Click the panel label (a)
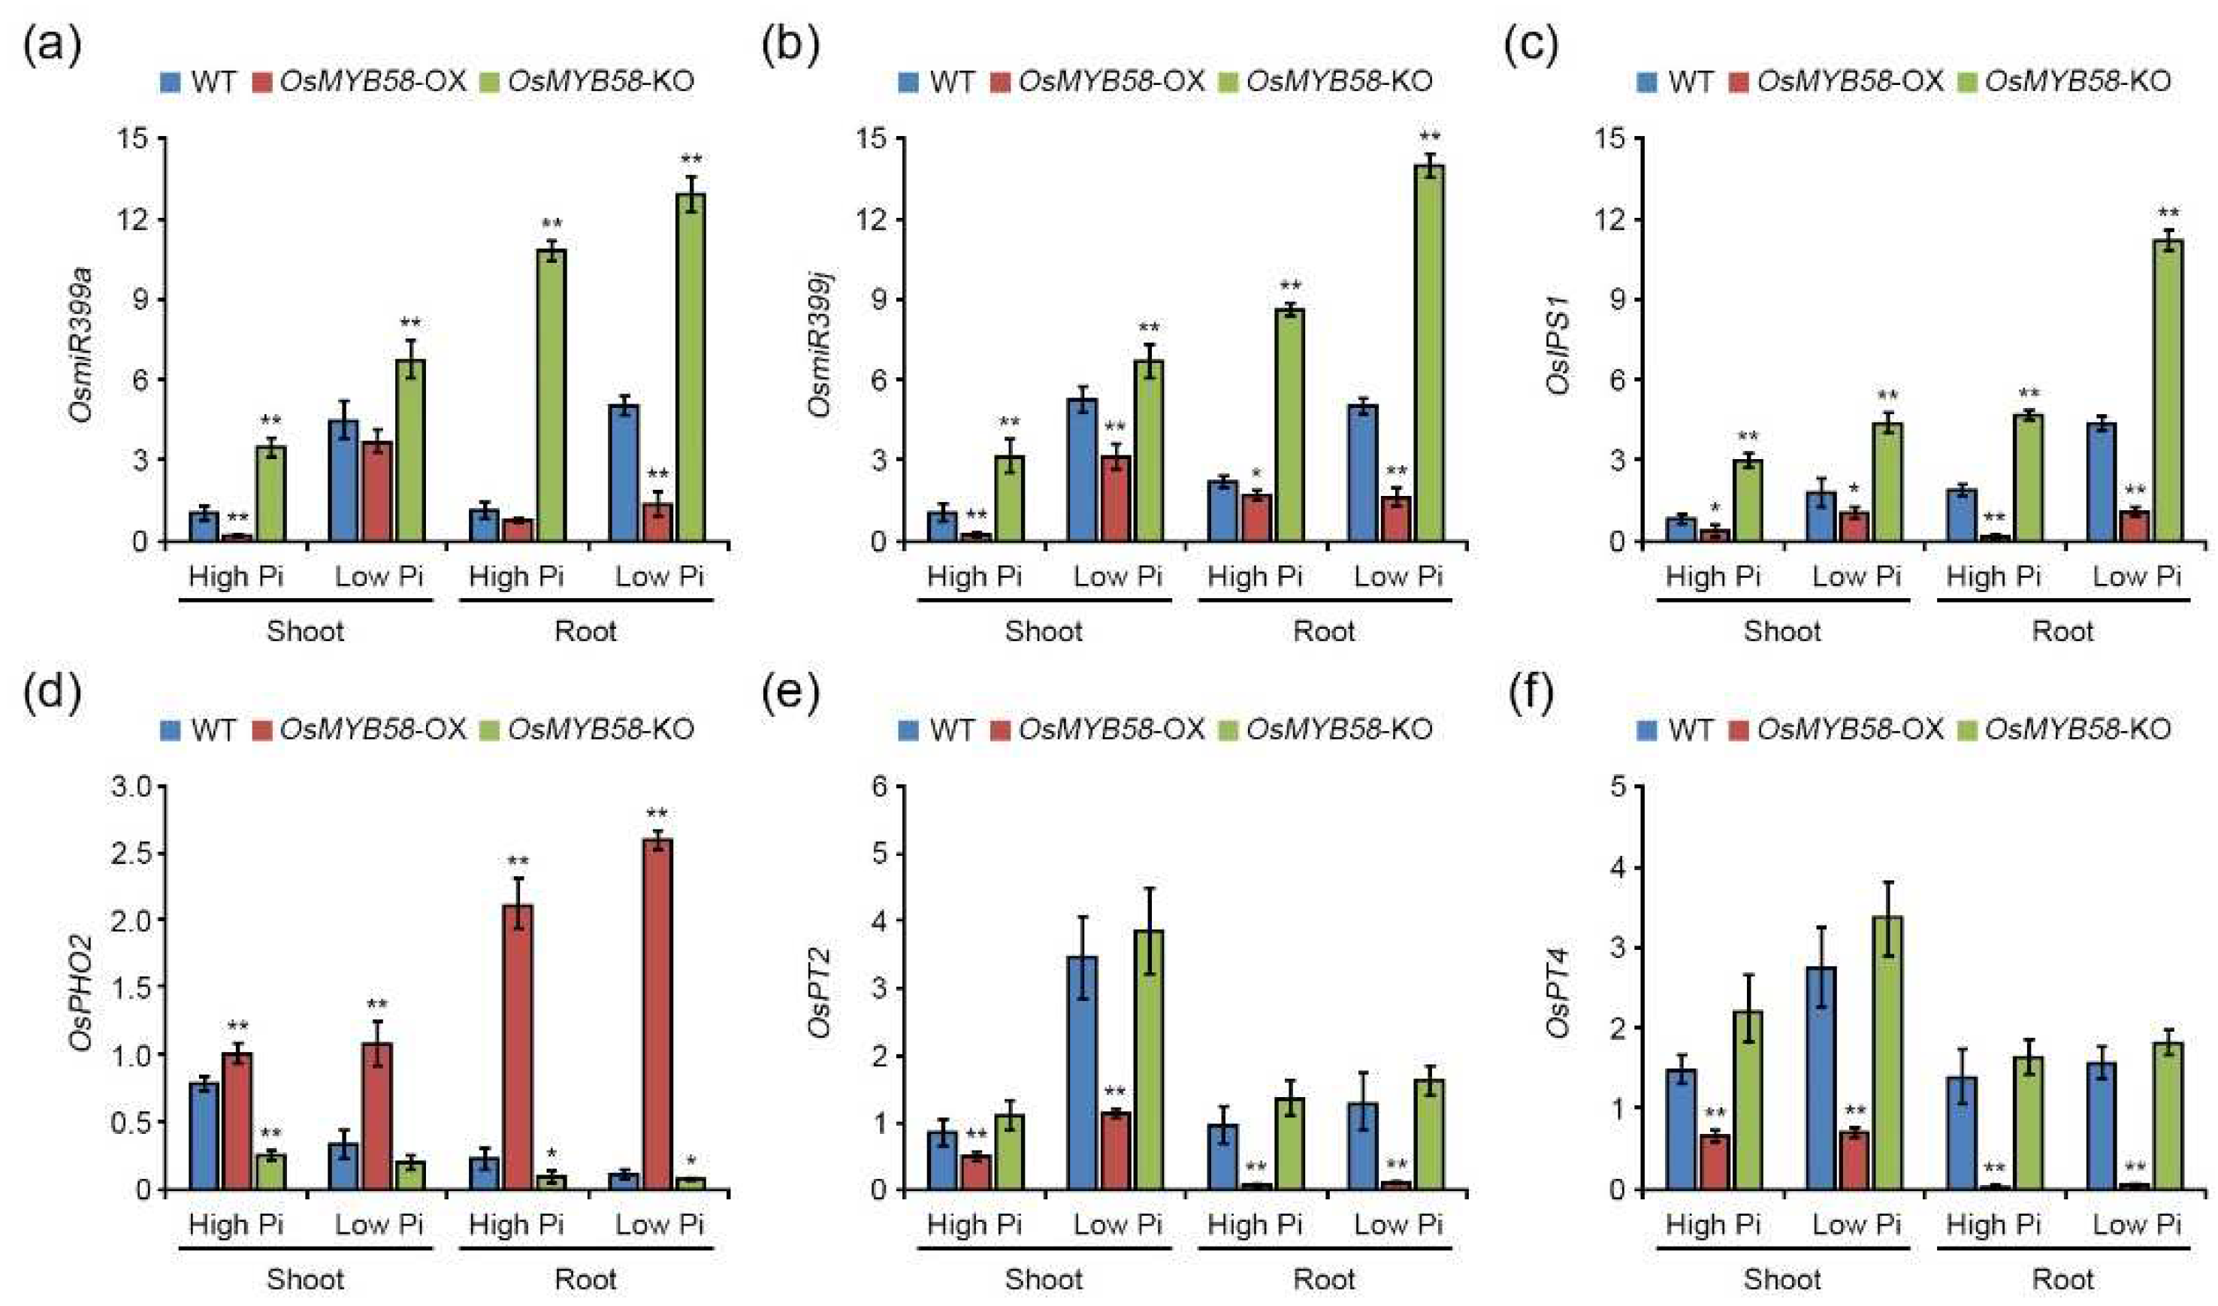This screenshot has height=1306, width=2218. pyautogui.click(x=52, y=47)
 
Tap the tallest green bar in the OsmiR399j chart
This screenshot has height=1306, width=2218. pyautogui.click(x=1429, y=352)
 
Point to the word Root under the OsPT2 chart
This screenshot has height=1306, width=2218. pyautogui.click(x=1324, y=1279)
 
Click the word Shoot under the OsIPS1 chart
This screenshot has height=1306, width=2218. pyautogui.click(x=1782, y=631)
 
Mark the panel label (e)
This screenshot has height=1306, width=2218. pyautogui.click(x=790, y=694)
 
